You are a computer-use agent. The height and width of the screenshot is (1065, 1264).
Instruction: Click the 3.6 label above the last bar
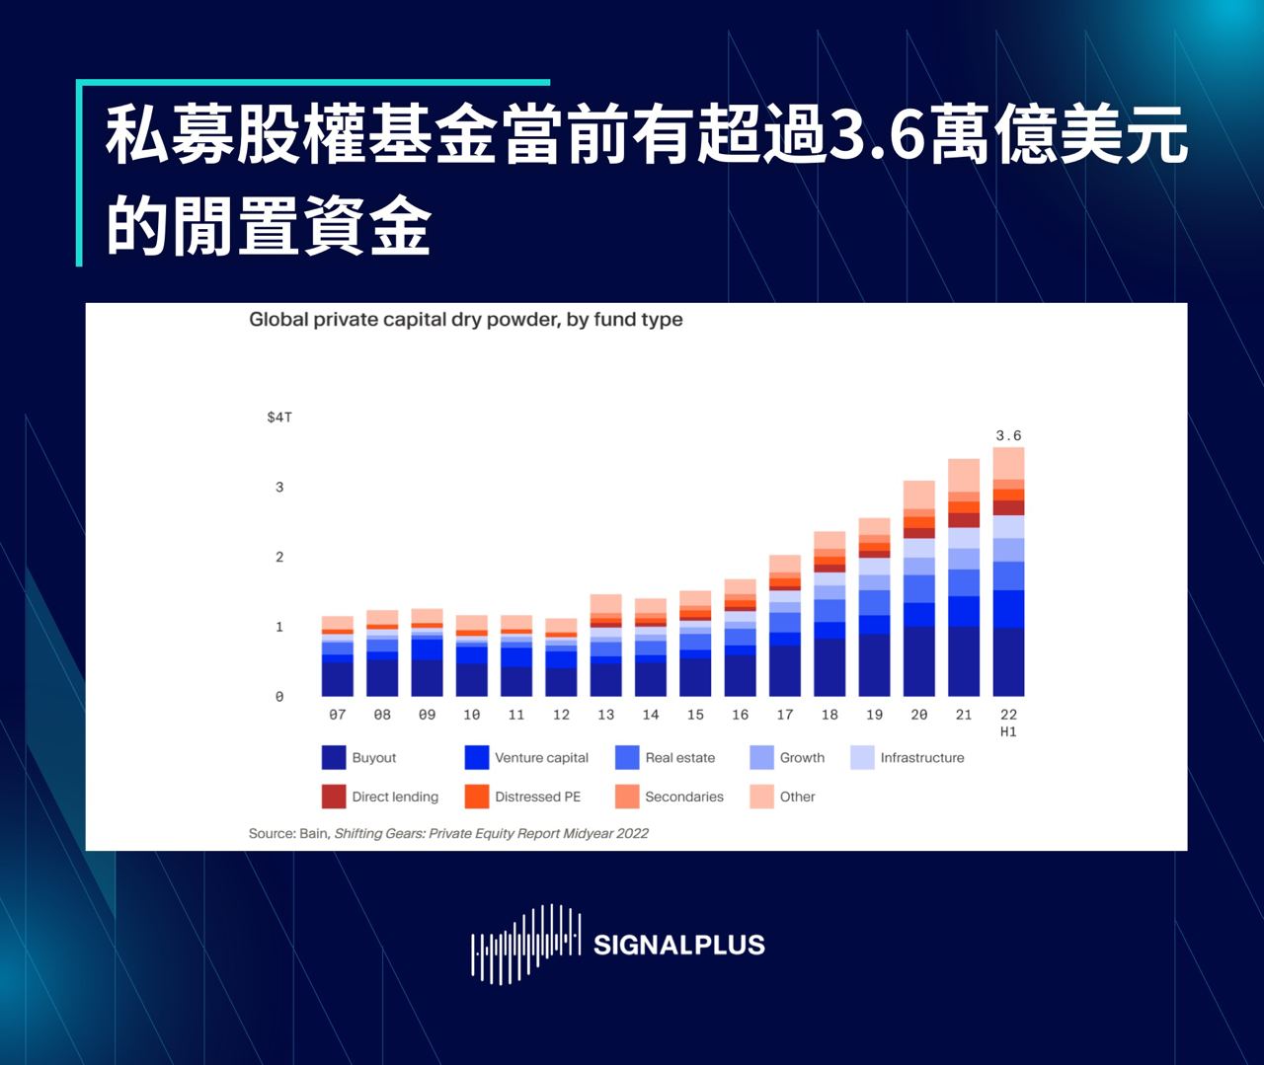click(x=1008, y=435)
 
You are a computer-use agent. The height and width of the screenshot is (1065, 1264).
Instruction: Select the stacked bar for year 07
click(x=338, y=657)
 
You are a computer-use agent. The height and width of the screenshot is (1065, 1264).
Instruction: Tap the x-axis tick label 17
click(x=785, y=715)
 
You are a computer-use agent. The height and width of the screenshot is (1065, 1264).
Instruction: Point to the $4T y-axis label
click(x=279, y=418)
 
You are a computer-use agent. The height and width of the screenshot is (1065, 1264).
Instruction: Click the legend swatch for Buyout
click(x=334, y=757)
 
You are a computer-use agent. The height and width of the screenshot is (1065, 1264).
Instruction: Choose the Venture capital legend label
click(x=541, y=757)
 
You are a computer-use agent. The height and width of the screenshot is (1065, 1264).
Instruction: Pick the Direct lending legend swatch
click(x=334, y=797)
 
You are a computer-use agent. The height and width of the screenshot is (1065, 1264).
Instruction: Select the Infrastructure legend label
click(x=922, y=757)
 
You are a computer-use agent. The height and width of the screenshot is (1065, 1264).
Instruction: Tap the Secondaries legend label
click(x=683, y=797)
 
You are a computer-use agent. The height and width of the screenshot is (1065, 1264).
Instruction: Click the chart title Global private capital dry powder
click(x=465, y=320)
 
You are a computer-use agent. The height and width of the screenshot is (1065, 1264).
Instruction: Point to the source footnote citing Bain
click(x=448, y=833)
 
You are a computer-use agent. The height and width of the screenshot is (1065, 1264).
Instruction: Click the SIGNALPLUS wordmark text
click(x=679, y=946)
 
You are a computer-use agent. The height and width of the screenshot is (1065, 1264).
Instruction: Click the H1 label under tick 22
click(x=1008, y=732)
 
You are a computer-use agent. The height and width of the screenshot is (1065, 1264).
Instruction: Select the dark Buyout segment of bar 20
click(x=919, y=661)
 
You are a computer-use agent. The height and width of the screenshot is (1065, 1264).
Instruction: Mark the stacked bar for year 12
click(x=561, y=658)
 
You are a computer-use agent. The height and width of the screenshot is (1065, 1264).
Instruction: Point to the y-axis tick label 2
click(x=279, y=557)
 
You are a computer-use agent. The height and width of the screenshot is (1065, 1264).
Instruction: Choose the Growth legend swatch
click(x=761, y=757)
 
